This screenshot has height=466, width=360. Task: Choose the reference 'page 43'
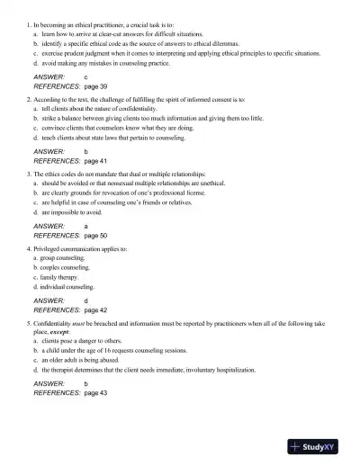(94, 393)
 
